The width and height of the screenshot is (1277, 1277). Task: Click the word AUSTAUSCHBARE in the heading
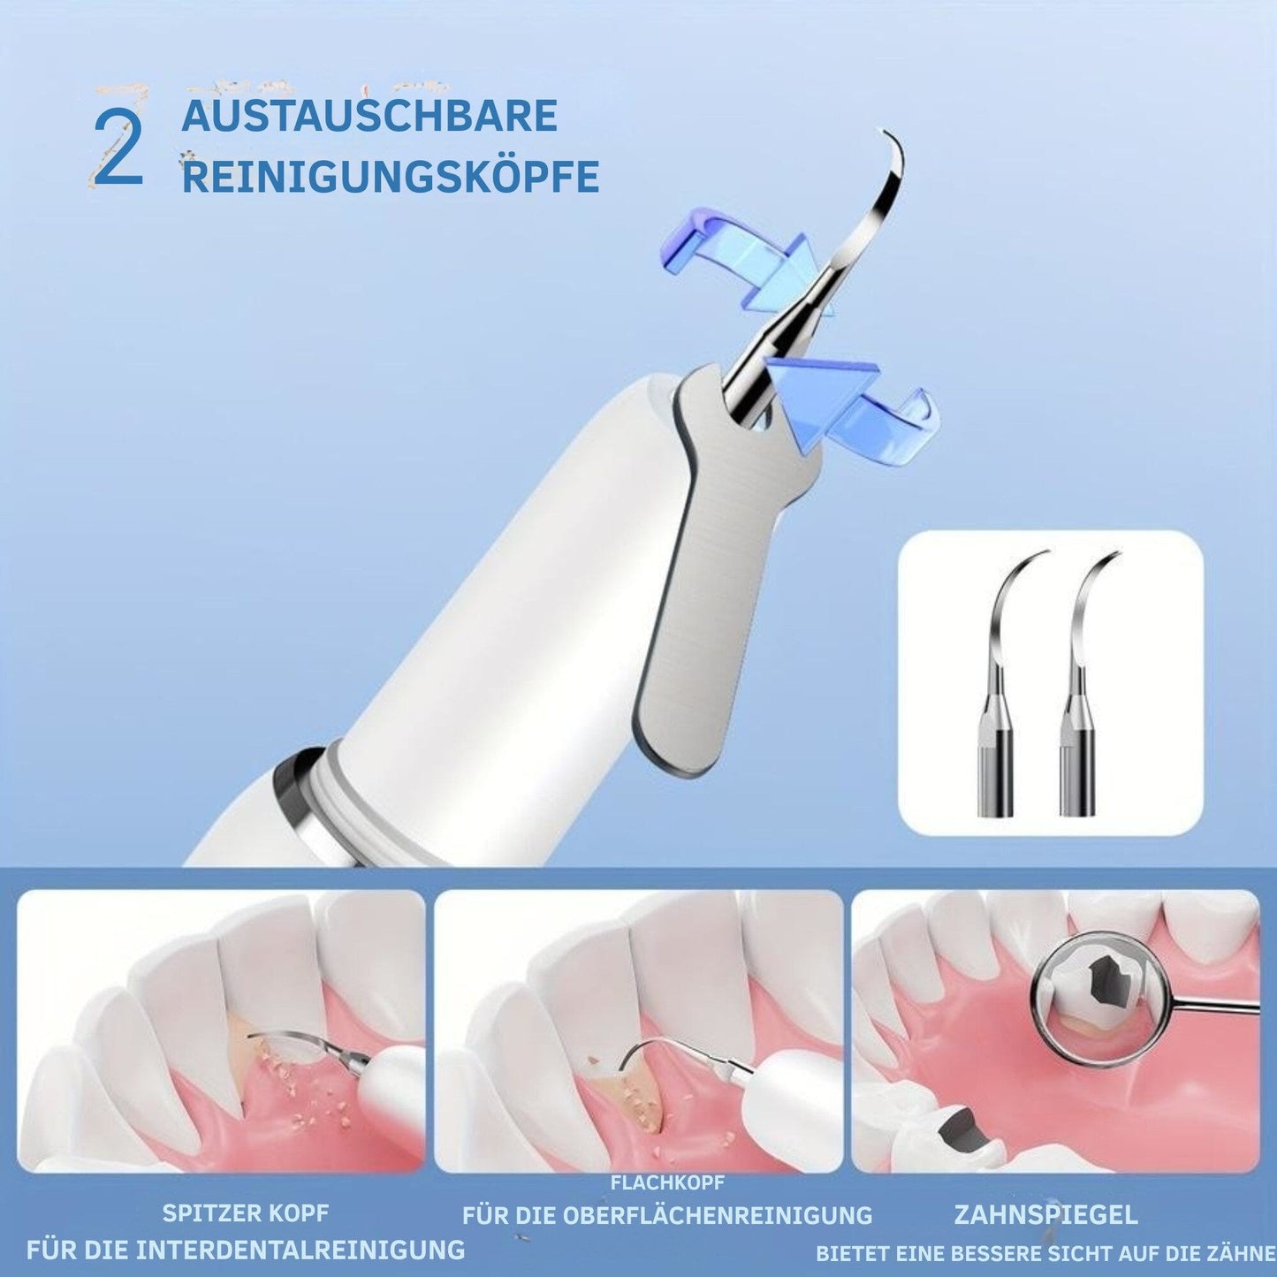(369, 116)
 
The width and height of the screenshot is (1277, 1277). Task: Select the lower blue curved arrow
(855, 411)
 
